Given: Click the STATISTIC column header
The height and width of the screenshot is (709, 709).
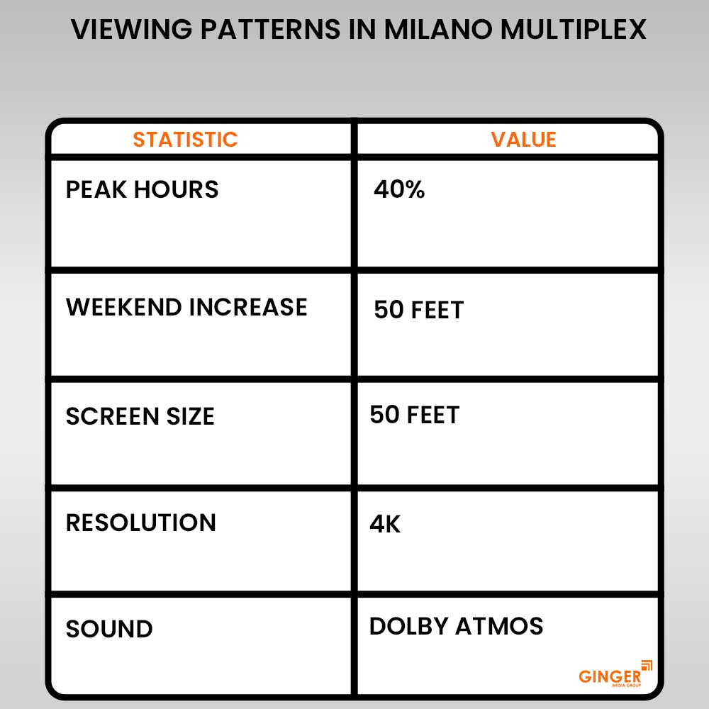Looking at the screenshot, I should click(x=185, y=139).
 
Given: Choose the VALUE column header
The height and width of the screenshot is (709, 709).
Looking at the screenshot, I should click(x=524, y=139).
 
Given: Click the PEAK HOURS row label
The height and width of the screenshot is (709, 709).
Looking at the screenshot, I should click(x=142, y=189).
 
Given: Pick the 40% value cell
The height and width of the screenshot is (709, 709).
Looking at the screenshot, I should click(x=399, y=189).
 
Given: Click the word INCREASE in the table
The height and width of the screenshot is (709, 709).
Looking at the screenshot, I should click(x=247, y=307).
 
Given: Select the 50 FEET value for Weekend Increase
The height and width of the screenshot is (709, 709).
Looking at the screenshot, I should click(x=418, y=310).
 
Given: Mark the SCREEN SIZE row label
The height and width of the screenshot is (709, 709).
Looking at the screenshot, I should click(x=140, y=416).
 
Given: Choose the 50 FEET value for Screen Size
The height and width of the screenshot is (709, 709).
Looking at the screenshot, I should click(x=415, y=415).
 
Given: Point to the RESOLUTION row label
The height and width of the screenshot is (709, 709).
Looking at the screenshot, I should click(x=140, y=523).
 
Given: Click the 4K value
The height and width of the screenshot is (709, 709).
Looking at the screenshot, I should click(x=385, y=524).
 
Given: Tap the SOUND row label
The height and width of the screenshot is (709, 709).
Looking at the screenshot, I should click(x=109, y=629).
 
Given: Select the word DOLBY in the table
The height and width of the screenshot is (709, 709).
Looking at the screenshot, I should click(x=408, y=626).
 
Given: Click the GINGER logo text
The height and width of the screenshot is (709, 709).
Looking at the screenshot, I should click(x=609, y=676).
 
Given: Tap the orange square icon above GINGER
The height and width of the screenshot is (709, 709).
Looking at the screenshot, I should click(x=646, y=665).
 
